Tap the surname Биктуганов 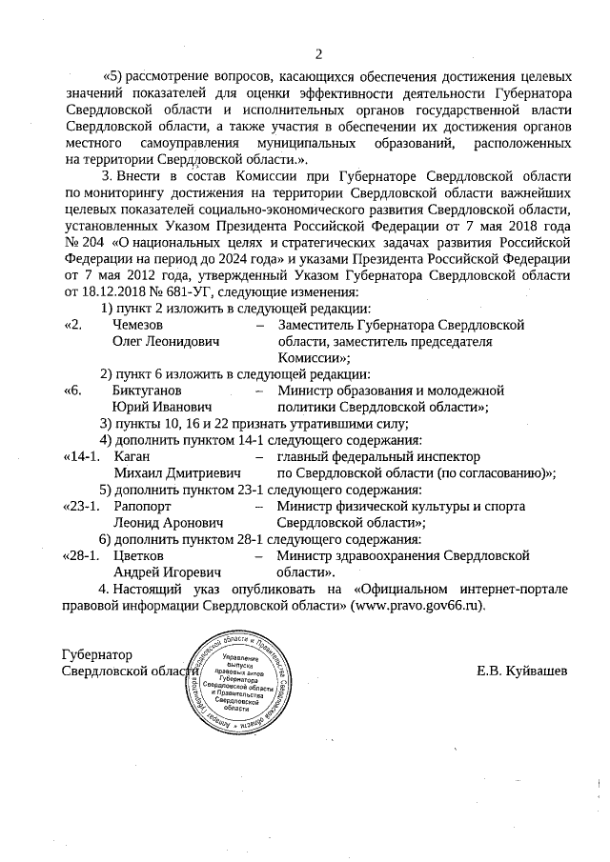pyautogui.click(x=147, y=391)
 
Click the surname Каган pyautogui.click(x=132, y=457)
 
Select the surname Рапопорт pyautogui.click(x=143, y=507)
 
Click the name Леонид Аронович pyautogui.click(x=168, y=523)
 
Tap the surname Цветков pyautogui.click(x=139, y=556)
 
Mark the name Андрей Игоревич pyautogui.click(x=167, y=572)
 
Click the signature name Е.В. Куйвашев pyautogui.click(x=522, y=671)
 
